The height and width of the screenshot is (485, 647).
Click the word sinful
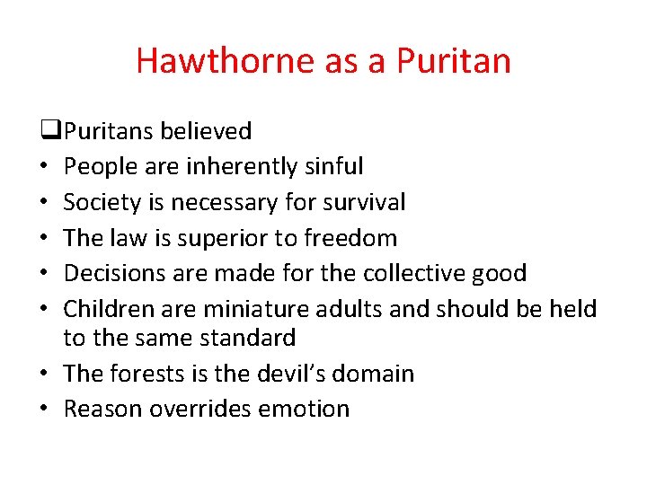tap(333, 166)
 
